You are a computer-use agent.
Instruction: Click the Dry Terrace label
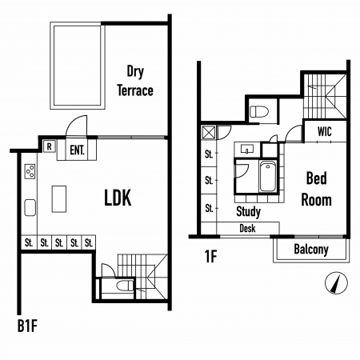(x=135, y=81)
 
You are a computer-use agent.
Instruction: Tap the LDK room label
(x=118, y=198)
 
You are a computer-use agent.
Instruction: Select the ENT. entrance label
(x=77, y=150)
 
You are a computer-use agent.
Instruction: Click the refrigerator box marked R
(x=50, y=146)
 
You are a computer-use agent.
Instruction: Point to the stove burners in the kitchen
(x=30, y=171)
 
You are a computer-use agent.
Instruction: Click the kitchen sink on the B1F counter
(x=30, y=207)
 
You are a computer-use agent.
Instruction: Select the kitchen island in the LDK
(x=59, y=199)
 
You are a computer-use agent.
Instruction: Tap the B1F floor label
(x=27, y=326)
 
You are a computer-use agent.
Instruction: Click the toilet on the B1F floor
(x=125, y=286)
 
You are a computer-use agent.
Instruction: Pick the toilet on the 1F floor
(x=259, y=111)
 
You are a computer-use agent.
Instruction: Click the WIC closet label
(x=325, y=131)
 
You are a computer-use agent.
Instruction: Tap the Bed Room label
(x=317, y=189)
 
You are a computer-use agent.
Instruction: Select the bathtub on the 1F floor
(x=268, y=177)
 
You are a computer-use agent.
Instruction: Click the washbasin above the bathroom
(x=247, y=149)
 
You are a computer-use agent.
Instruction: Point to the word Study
(x=249, y=212)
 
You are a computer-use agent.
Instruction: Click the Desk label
(x=247, y=229)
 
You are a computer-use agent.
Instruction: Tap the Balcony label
(x=311, y=250)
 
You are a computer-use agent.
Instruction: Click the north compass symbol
(x=337, y=283)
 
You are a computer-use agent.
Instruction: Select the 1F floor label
(x=210, y=256)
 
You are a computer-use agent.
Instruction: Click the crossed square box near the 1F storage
(x=209, y=132)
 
